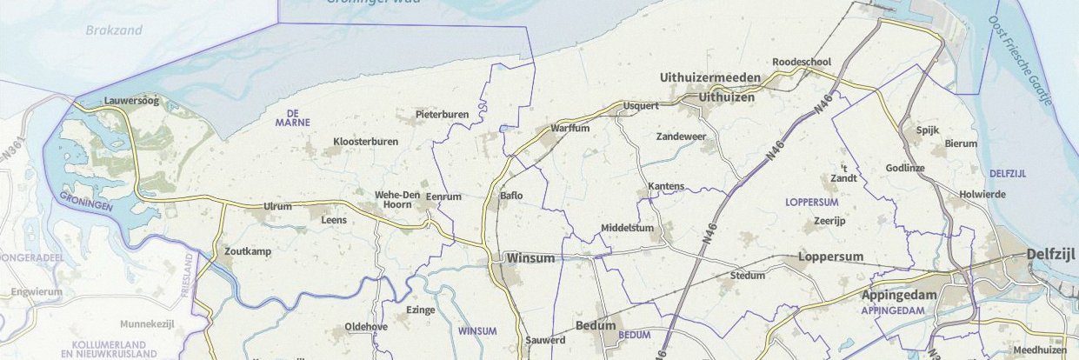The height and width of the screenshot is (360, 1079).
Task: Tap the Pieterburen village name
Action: point(442,114)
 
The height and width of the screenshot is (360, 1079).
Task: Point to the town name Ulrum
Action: point(278,207)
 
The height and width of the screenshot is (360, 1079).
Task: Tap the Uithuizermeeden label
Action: point(710,78)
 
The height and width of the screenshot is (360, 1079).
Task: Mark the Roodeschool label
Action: point(802,62)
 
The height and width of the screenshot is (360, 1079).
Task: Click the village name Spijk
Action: point(929,130)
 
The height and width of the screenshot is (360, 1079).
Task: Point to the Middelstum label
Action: point(627,229)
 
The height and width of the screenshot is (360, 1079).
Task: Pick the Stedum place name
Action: point(748,276)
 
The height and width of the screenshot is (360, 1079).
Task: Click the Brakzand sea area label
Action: point(114,30)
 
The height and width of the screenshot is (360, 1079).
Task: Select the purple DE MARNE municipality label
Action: point(292,118)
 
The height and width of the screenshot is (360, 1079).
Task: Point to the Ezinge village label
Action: point(421,310)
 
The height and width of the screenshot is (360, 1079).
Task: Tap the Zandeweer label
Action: point(681,137)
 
